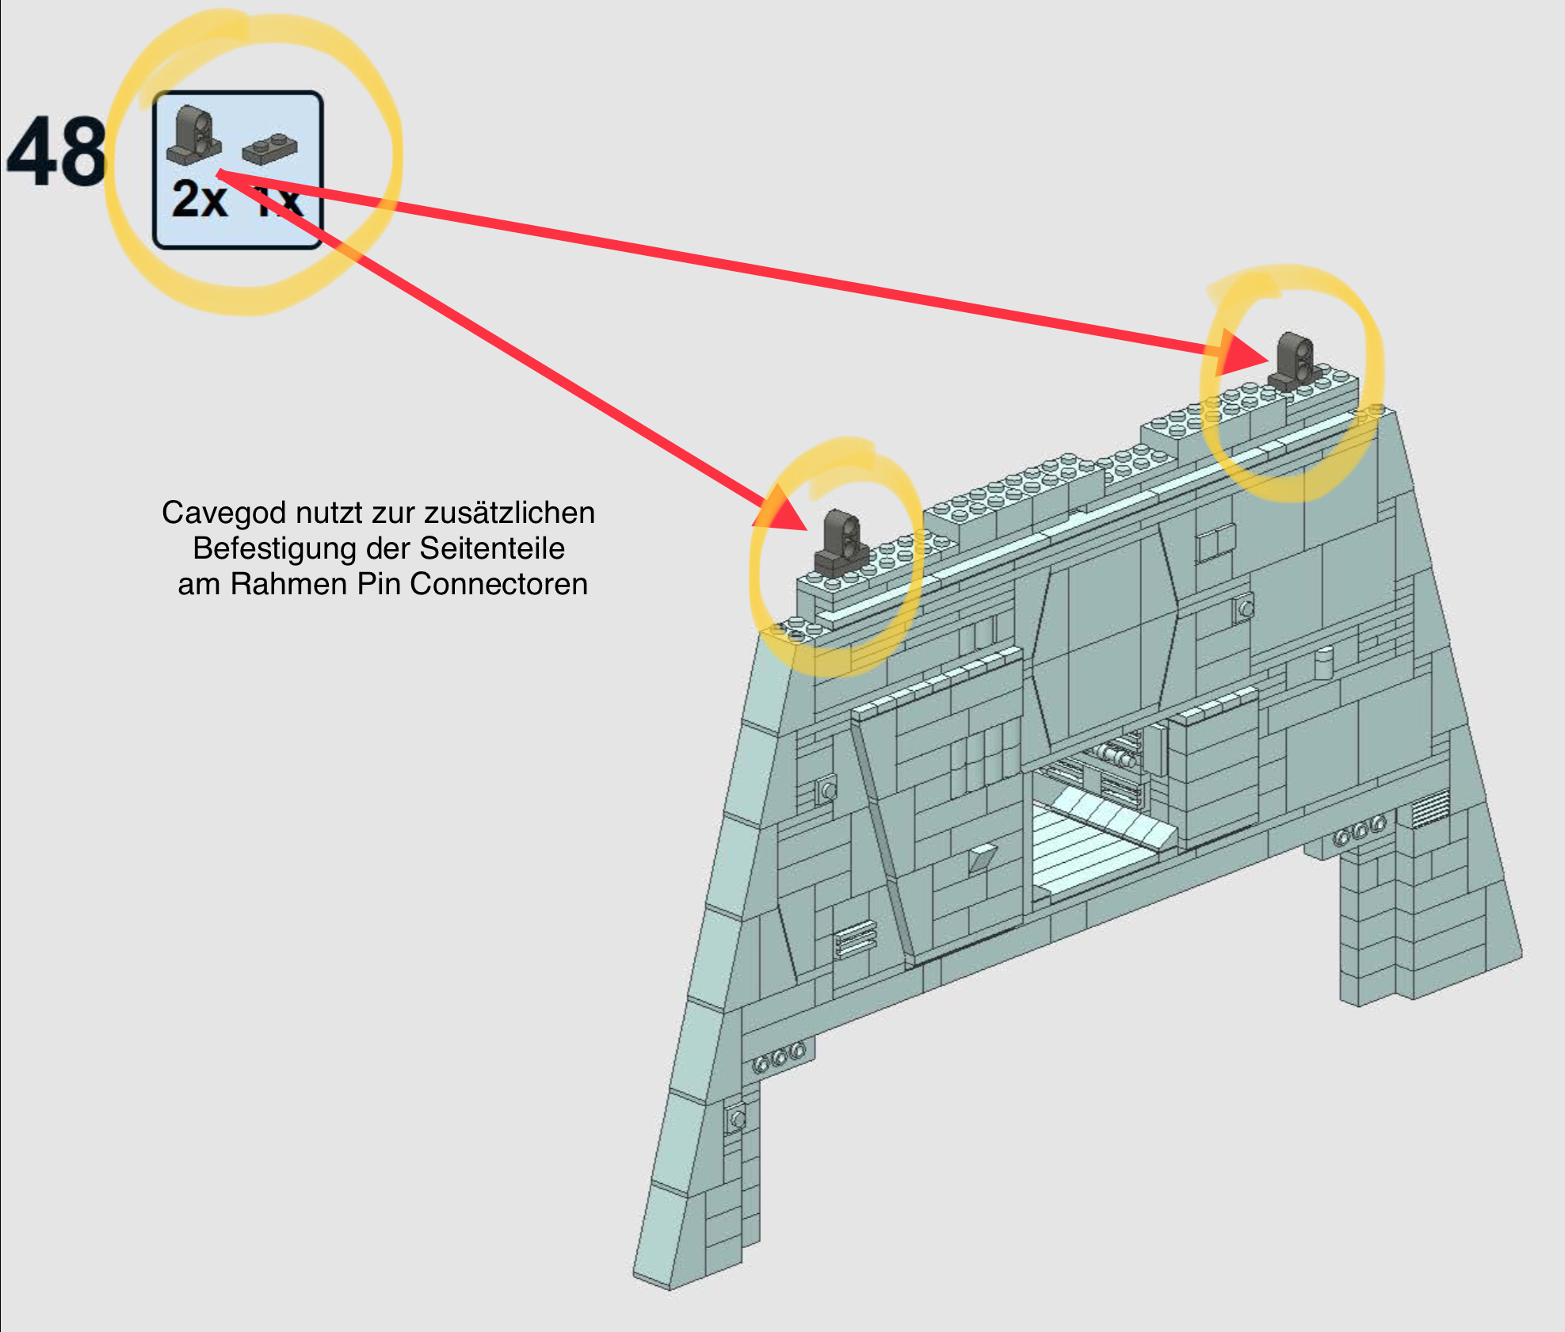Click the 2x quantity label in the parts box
199,199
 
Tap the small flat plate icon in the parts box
270,148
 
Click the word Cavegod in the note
223,513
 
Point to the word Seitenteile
491,548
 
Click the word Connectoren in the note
498,584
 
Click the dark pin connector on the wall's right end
1294,361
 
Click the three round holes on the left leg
778,1057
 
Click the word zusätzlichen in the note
509,513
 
